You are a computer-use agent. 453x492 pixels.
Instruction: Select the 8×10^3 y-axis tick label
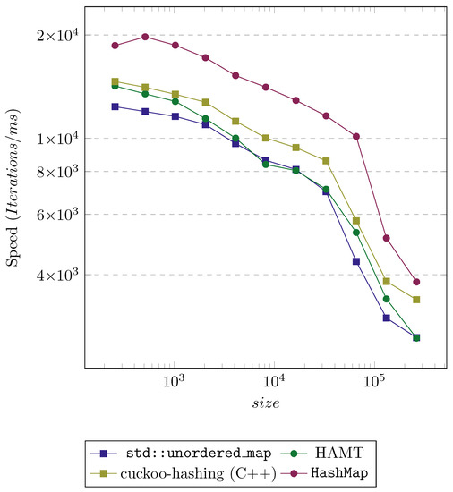[59, 171]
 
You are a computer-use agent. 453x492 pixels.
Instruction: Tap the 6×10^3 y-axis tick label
[59, 215]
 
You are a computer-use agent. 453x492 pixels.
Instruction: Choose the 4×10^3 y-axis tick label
[59, 275]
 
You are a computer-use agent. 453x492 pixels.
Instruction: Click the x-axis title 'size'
[264, 403]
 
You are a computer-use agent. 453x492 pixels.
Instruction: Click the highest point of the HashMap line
[145, 37]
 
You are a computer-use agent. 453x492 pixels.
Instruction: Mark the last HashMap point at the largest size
[416, 282]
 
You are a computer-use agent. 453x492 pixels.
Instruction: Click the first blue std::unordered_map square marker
[115, 106]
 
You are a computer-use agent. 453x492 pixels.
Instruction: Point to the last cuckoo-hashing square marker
[416, 300]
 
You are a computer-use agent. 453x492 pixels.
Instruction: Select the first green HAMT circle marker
[115, 86]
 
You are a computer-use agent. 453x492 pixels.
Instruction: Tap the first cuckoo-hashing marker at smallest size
[115, 81]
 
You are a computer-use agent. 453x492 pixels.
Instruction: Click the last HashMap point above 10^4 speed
[356, 136]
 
